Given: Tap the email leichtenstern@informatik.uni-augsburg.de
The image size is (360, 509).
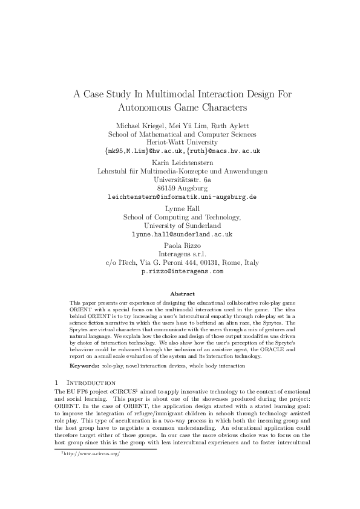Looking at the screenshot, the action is pos(182,197).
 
